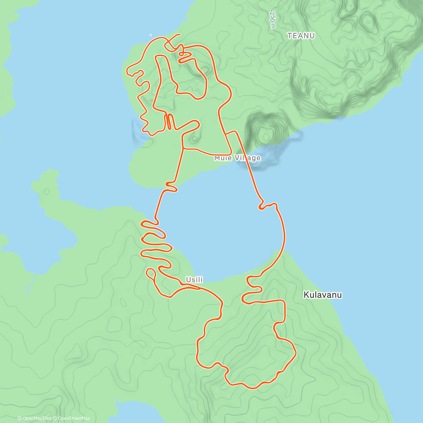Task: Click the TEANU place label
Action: pyautogui.click(x=301, y=36)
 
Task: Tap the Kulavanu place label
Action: pyautogui.click(x=323, y=295)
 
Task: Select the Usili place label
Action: pyautogui.click(x=194, y=280)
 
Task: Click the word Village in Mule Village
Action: pyautogui.click(x=248, y=158)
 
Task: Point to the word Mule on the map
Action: pyautogui.click(x=223, y=158)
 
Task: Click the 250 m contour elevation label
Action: pyautogui.click(x=272, y=20)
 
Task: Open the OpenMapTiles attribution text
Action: pyautogui.click(x=35, y=418)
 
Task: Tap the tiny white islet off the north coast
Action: pyautogui.click(x=151, y=35)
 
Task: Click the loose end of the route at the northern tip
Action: pyautogui.click(x=180, y=35)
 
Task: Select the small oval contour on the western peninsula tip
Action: pyautogui.click(x=47, y=191)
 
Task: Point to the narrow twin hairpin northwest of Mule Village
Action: pyautogui.click(x=169, y=121)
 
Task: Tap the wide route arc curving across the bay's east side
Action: pyautogui.click(x=283, y=233)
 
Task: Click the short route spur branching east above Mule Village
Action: pyautogui.click(x=232, y=133)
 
